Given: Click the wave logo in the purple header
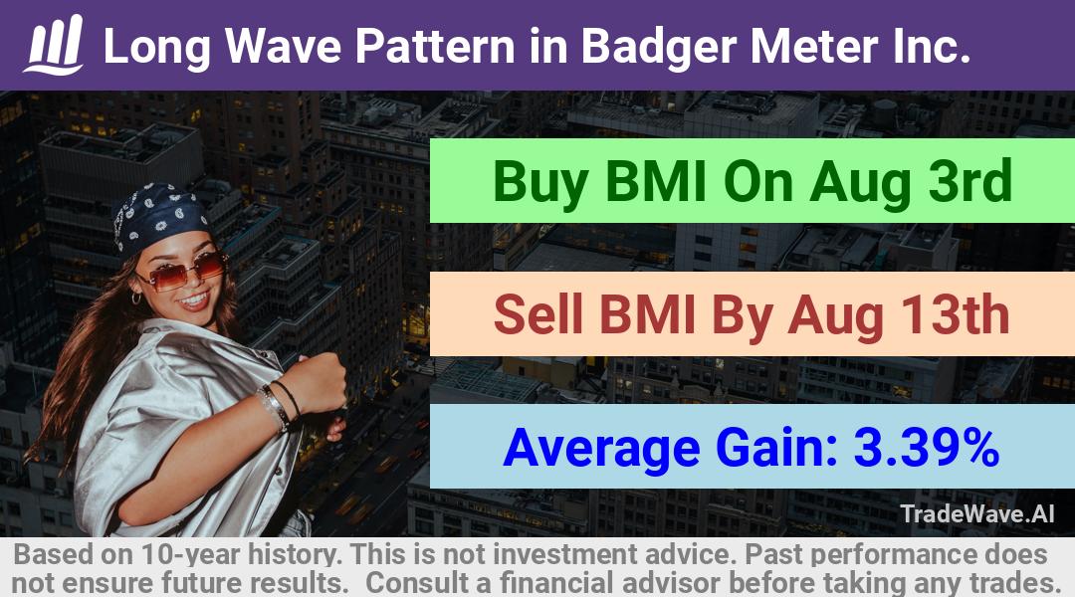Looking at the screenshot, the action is (x=54, y=45).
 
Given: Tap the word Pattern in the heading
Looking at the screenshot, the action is (x=435, y=46).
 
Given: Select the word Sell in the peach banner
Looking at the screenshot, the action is (x=539, y=314).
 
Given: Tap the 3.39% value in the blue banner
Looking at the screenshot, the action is (x=926, y=447).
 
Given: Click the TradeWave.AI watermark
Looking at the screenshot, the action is (x=977, y=513).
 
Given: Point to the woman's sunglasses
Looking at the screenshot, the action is (x=182, y=271).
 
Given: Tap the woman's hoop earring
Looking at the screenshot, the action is (x=136, y=298).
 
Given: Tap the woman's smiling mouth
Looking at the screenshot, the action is (x=195, y=298).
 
